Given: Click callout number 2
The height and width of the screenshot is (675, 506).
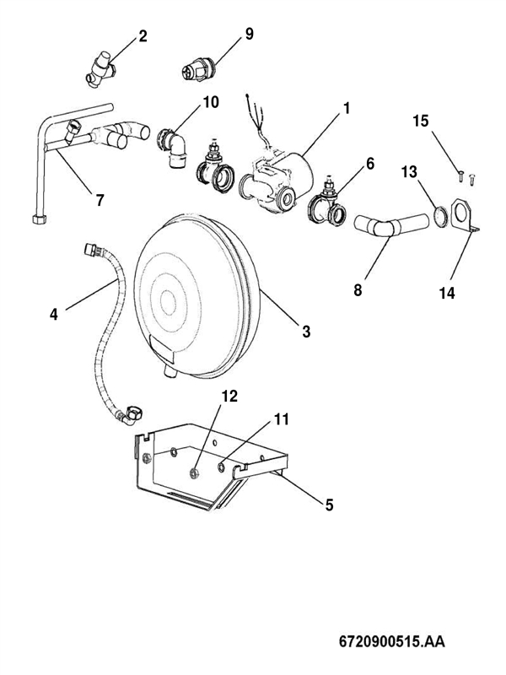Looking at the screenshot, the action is [x=143, y=36].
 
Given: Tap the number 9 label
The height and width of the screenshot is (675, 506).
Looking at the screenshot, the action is [x=250, y=34].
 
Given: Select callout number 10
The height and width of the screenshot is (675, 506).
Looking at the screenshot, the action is [x=211, y=102].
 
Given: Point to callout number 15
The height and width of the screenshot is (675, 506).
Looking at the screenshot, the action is [x=421, y=121].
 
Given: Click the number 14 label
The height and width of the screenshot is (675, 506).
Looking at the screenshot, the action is [x=447, y=293].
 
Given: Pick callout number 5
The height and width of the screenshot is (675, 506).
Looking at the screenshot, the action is [x=329, y=505].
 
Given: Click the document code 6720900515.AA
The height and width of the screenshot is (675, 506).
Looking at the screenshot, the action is [x=392, y=641].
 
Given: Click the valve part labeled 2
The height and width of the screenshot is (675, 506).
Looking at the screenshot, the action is [x=101, y=69].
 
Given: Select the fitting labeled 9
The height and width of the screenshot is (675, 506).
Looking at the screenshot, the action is [x=198, y=71].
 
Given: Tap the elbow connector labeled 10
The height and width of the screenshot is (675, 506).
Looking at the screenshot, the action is [x=174, y=146].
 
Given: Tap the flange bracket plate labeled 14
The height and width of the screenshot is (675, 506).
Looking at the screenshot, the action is [x=462, y=214].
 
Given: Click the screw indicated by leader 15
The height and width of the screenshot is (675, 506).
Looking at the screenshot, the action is [x=460, y=176].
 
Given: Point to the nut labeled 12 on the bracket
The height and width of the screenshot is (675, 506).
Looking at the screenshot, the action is [x=194, y=473].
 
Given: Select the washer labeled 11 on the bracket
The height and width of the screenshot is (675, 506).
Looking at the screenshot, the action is [x=221, y=467].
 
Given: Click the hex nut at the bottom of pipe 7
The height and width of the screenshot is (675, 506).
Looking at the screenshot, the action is [x=40, y=219].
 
